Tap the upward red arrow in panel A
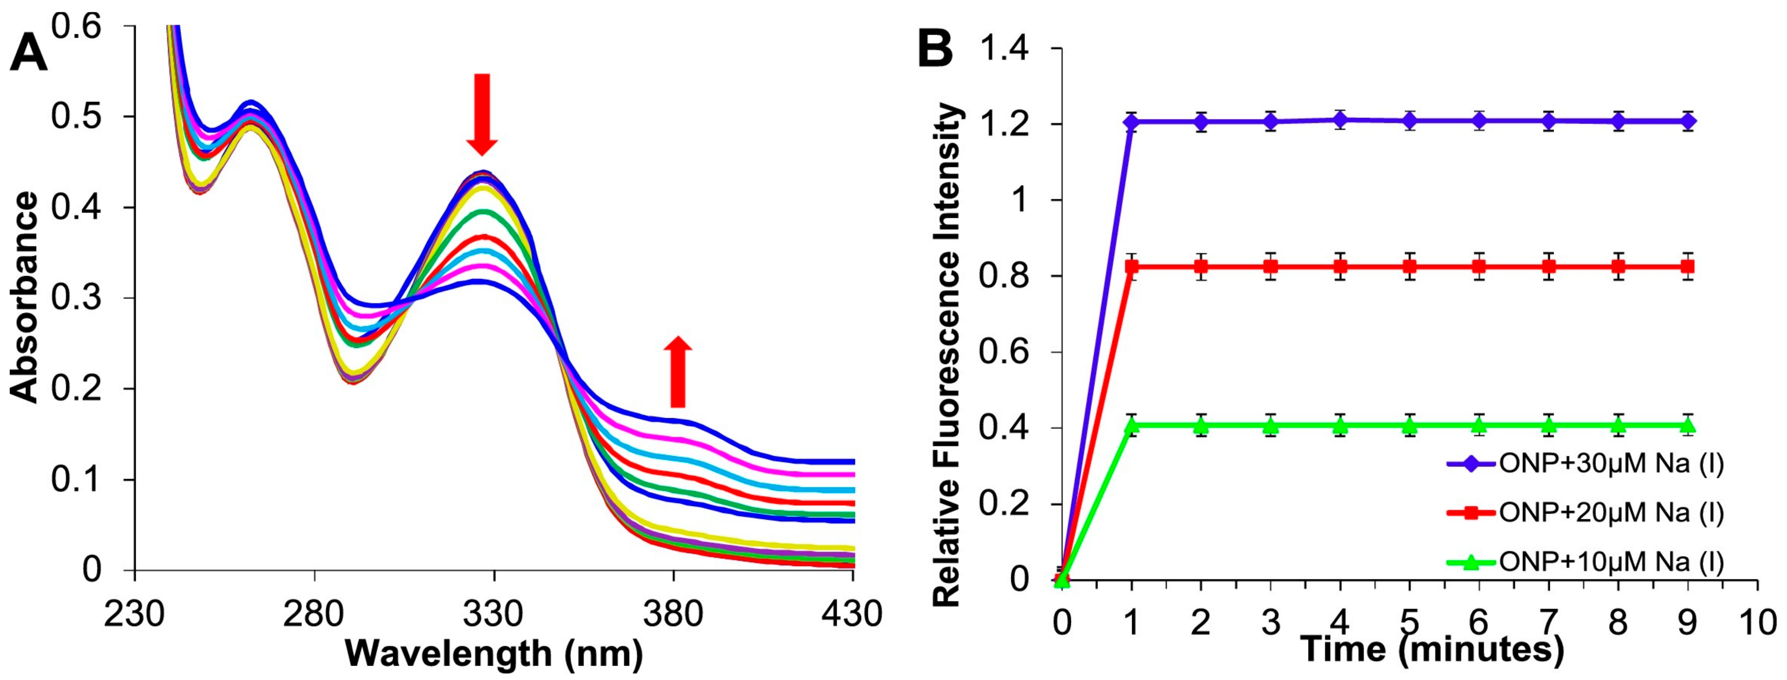click(x=677, y=372)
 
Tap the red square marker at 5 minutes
click(x=1409, y=266)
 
